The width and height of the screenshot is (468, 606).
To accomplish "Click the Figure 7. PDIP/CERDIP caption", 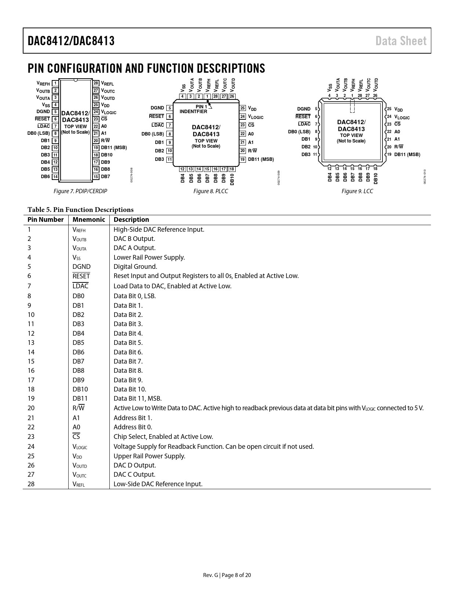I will point(80,191).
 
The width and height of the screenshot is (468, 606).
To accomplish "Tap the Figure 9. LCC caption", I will point(357,191).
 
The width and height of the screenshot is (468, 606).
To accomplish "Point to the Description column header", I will point(131,220).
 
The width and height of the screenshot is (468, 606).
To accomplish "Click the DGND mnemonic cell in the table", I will point(81,267).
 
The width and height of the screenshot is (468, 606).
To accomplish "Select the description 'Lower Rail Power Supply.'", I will point(149,257).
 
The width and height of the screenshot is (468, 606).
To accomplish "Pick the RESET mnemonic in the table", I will point(81,276).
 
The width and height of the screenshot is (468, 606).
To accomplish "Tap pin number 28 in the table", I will point(31,484).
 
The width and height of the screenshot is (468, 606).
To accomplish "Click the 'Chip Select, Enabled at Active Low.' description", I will point(163,437).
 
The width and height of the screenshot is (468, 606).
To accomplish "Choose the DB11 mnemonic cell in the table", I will point(80,398).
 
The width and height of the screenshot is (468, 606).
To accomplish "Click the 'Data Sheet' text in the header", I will point(401,41).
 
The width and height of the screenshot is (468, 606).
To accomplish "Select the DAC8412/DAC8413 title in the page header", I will point(71,41).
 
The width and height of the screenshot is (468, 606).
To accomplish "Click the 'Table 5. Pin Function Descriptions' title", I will point(81,210).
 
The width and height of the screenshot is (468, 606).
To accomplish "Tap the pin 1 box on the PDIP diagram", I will point(55,83).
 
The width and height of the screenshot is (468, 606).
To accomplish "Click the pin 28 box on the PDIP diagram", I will point(96,83).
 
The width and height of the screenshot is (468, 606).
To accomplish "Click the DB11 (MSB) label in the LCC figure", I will point(407,155).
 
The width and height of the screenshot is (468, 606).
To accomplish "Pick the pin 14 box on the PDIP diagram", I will point(55,177).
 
